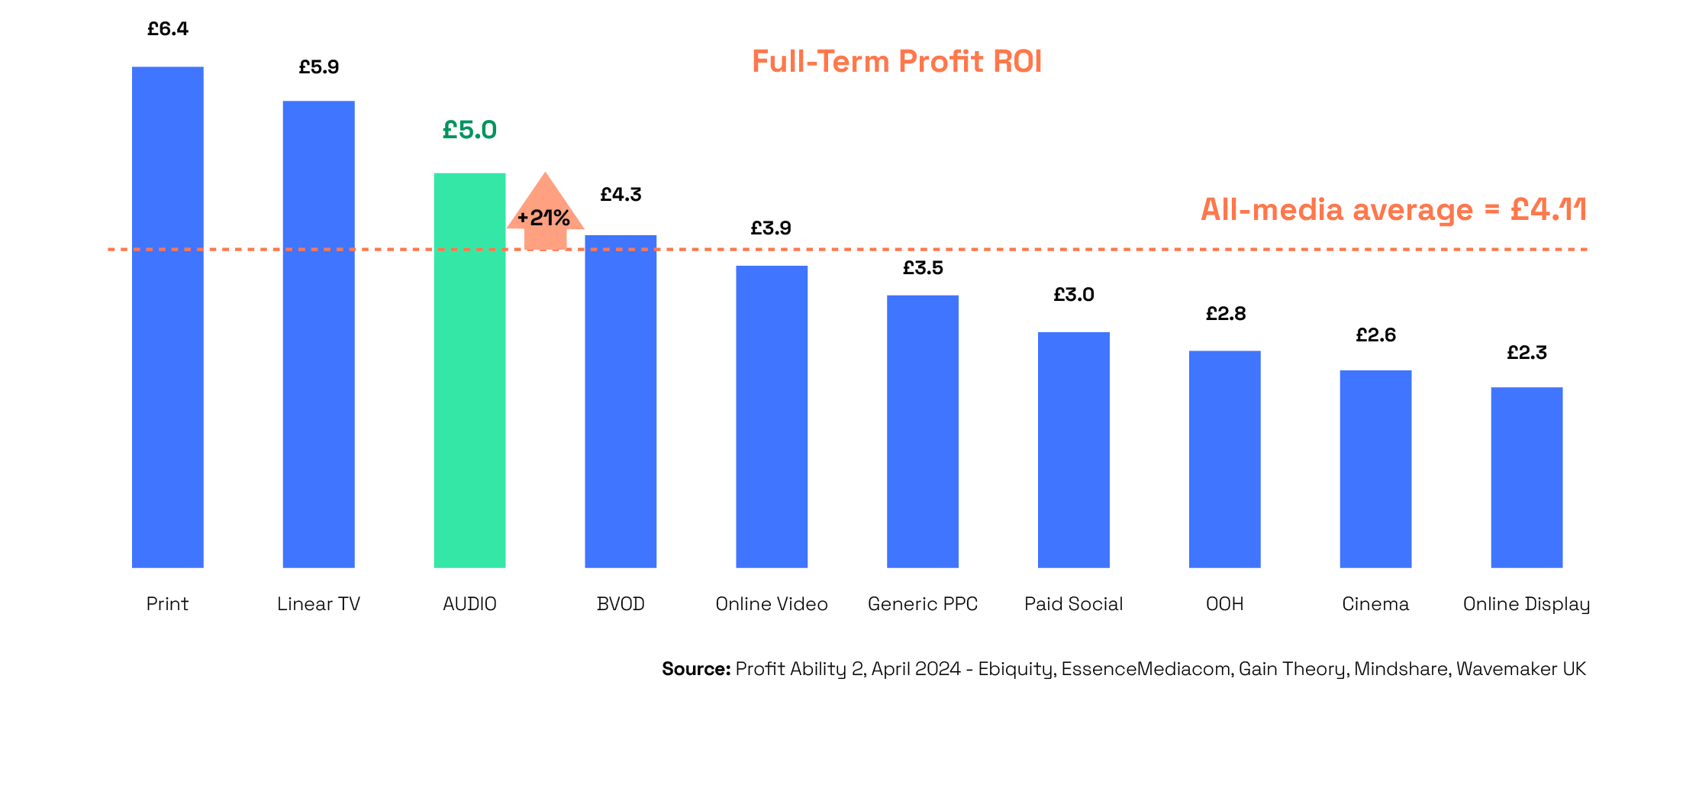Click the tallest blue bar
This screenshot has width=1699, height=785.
(168, 317)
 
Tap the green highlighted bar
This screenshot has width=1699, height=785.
(469, 370)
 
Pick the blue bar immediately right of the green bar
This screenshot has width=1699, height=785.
(621, 401)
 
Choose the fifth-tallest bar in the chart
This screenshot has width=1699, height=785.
(772, 416)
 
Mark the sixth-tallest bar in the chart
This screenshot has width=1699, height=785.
(922, 431)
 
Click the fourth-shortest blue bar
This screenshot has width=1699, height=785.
(1073, 450)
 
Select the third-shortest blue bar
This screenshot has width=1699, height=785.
(1224, 459)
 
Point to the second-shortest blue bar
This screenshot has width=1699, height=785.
(1375, 469)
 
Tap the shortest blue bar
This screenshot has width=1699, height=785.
(1527, 477)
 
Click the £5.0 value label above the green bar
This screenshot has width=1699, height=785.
(469, 130)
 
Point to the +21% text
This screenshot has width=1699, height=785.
(544, 218)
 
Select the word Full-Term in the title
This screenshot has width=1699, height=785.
(820, 61)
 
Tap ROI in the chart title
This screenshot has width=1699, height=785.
(1017, 61)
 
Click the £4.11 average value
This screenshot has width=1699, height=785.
(1548, 208)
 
